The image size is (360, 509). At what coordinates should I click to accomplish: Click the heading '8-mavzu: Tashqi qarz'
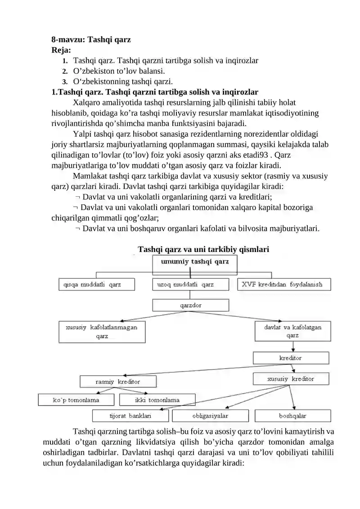(x=91, y=39)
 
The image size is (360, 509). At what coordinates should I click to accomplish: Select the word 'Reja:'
(x=61, y=50)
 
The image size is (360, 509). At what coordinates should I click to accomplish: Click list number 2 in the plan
(x=65, y=71)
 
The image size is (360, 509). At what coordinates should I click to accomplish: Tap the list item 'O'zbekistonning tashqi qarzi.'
(x=123, y=81)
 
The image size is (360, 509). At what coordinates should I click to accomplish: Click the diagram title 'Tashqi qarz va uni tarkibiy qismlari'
(x=203, y=249)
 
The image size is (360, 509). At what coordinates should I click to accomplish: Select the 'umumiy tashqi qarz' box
(x=195, y=261)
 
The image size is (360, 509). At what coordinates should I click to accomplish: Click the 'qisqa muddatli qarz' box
(x=97, y=284)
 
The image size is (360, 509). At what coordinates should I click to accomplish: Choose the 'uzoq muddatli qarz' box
(x=191, y=284)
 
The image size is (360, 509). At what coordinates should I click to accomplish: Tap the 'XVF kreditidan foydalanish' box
(x=284, y=284)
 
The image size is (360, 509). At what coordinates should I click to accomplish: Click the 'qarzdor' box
(x=191, y=306)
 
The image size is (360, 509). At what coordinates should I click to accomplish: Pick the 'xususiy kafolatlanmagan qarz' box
(x=102, y=332)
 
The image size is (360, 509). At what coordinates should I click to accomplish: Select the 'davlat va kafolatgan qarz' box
(x=292, y=331)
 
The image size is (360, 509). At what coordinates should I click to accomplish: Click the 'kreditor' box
(x=291, y=358)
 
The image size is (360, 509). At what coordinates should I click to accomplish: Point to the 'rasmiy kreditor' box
(x=118, y=382)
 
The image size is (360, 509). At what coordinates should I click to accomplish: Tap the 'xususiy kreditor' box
(x=291, y=379)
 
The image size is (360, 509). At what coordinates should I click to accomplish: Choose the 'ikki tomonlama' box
(x=157, y=400)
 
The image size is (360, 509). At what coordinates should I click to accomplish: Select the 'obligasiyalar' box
(x=210, y=415)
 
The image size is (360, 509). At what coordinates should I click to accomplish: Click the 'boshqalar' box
(x=292, y=415)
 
